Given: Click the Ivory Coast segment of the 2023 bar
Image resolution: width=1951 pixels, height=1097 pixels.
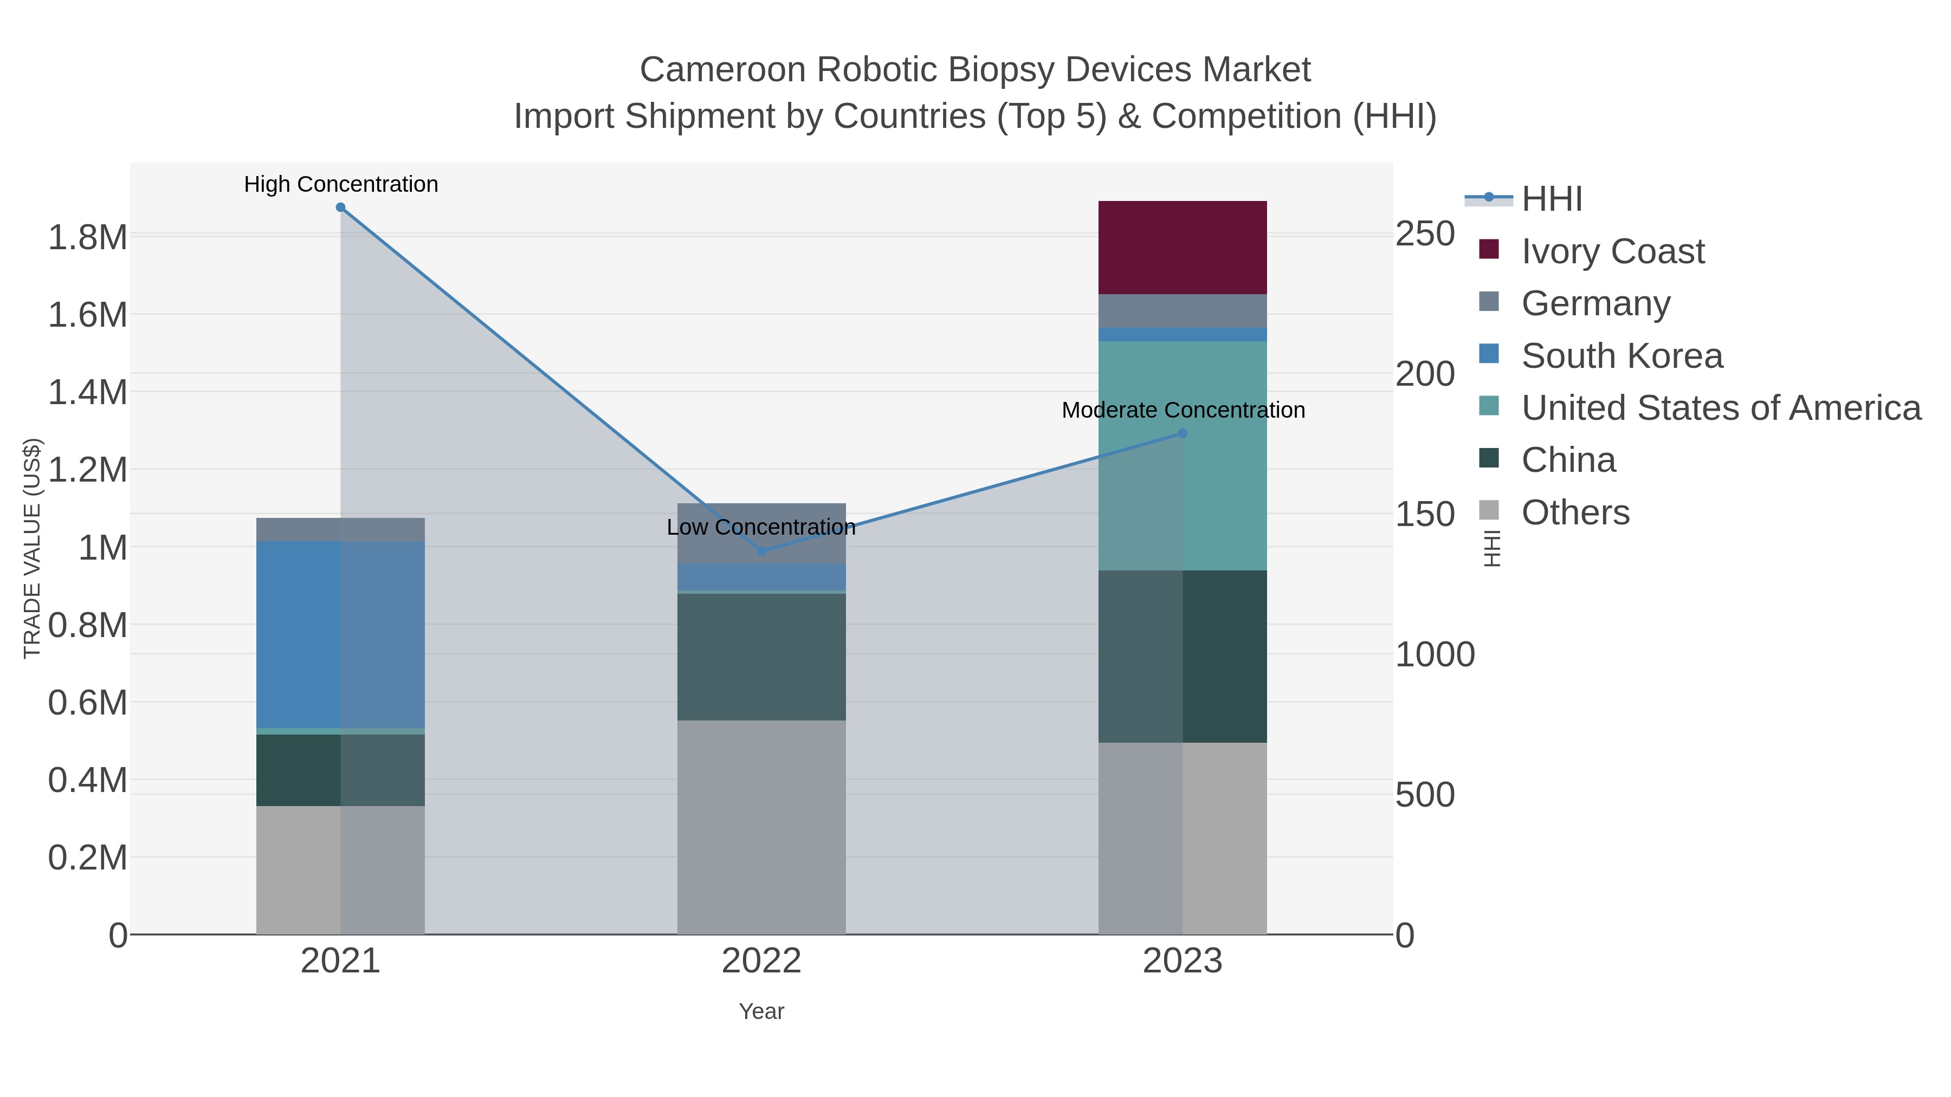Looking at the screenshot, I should click(1183, 248).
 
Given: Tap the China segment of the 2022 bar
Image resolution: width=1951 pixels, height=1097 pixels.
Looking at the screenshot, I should click(761, 657).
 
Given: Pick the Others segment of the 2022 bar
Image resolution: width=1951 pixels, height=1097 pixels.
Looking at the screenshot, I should click(761, 827).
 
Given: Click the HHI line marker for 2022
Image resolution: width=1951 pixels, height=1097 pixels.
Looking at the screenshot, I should click(762, 551).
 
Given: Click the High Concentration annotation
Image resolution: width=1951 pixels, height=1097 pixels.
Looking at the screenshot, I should click(341, 185).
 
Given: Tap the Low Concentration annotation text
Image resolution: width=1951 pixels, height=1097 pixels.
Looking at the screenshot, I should click(761, 527).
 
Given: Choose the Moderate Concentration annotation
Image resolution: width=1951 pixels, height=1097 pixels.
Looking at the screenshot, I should click(1183, 410).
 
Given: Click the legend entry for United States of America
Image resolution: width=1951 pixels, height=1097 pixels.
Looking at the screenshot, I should click(1721, 408).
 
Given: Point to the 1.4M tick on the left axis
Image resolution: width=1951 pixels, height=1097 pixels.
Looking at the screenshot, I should click(87, 393).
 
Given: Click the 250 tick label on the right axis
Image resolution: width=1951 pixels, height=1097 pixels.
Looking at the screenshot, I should click(1425, 234).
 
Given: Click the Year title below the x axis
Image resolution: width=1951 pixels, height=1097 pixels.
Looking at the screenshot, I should click(761, 1011).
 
